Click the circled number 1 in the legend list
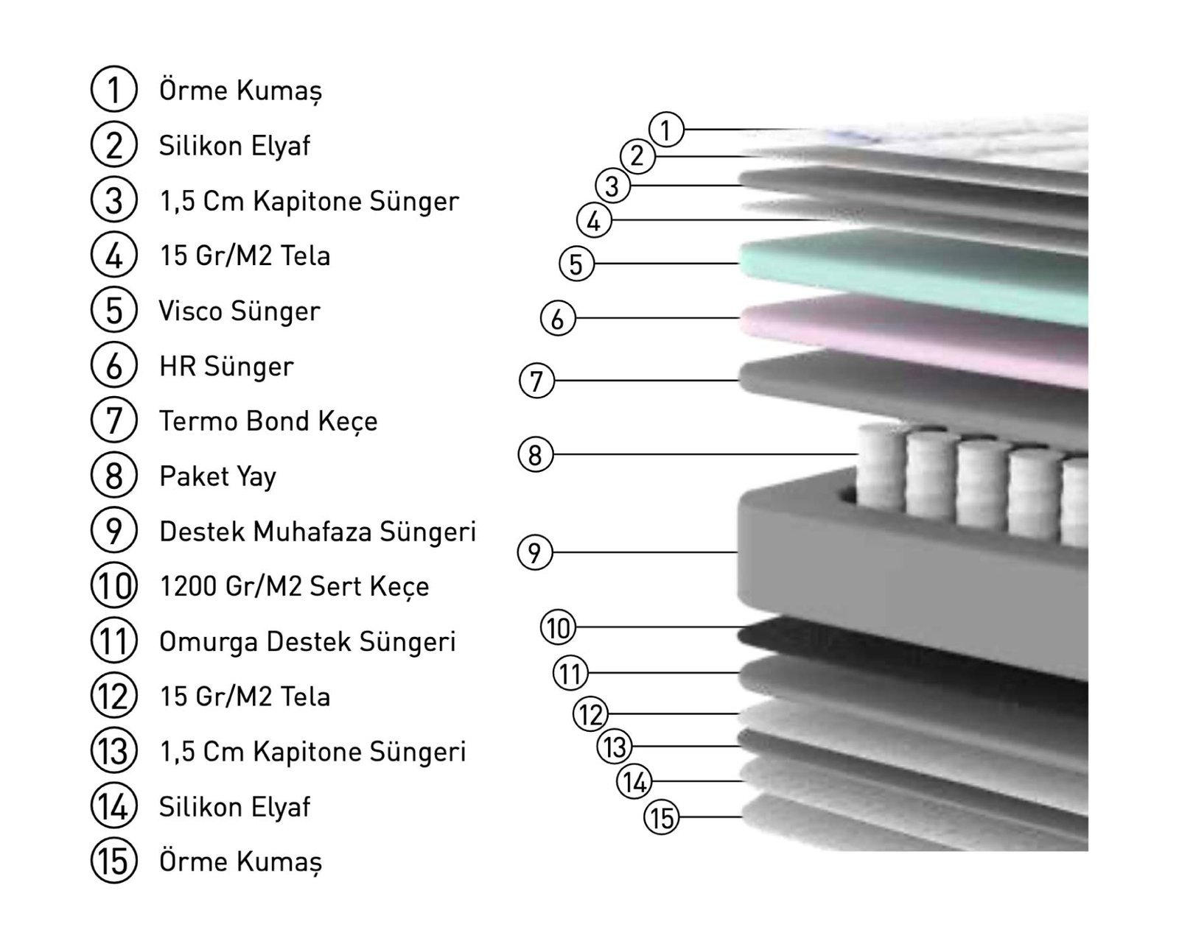tap(113, 89)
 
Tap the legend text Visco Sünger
tap(239, 311)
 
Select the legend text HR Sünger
tap(226, 366)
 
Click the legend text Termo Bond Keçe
tap(268, 421)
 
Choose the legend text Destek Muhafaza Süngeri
tap(318, 532)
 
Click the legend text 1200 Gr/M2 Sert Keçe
tap(294, 587)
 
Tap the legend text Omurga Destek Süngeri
tap(307, 641)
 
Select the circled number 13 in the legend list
tap(113, 750)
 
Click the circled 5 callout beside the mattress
tap(576, 264)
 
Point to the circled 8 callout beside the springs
tap(535, 454)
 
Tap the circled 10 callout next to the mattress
tap(559, 627)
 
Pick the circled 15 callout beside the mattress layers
tap(661, 818)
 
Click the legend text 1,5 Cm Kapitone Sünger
tap(309, 201)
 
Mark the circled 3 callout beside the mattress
tap(612, 186)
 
